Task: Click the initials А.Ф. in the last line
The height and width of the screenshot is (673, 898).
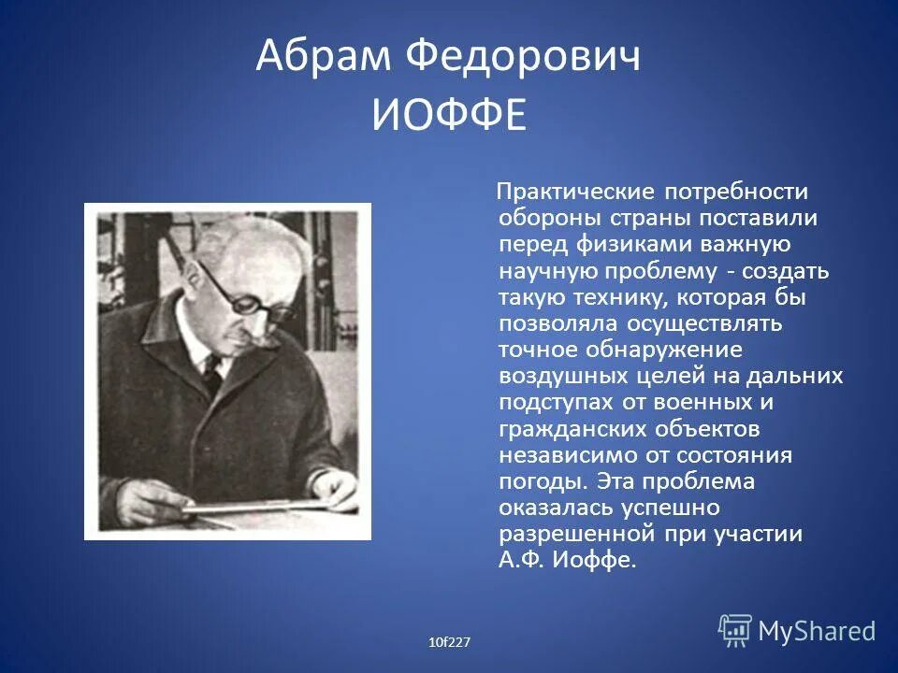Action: tap(520, 561)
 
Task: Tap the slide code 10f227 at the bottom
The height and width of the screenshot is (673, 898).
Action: tap(449, 641)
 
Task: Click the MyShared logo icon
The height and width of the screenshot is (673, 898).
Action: tap(735, 630)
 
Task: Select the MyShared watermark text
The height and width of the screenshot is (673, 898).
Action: tap(817, 631)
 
